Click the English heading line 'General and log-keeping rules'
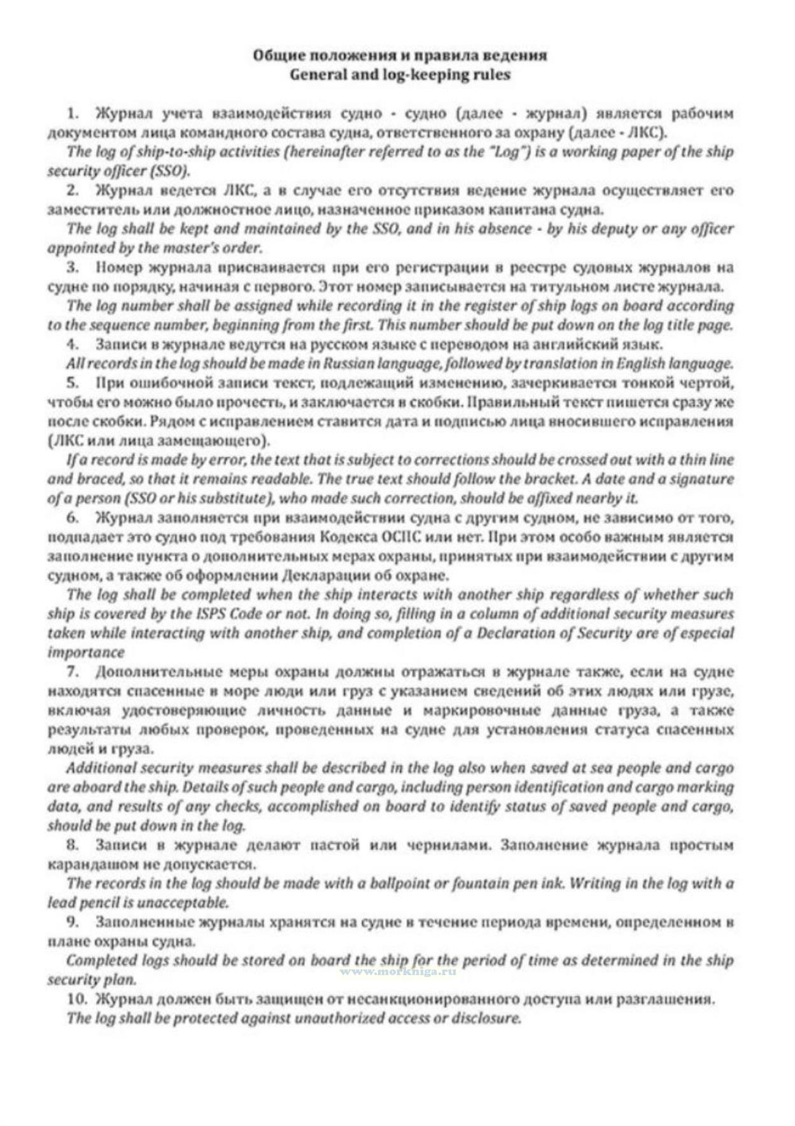[x=400, y=74]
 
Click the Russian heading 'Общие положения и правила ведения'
[x=400, y=55]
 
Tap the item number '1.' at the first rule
[x=73, y=113]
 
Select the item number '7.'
[x=73, y=672]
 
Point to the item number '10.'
[x=76, y=998]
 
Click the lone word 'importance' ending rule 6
[x=85, y=652]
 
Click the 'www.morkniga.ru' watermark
[x=399, y=972]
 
